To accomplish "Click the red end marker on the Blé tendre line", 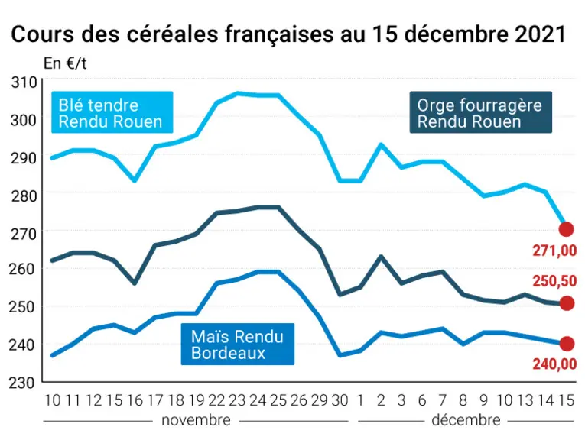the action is pyautogui.click(x=566, y=229).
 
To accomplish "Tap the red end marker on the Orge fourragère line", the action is pyautogui.click(x=567, y=303).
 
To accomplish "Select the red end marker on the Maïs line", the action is pyautogui.click(x=567, y=344).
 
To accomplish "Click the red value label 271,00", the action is pyautogui.click(x=554, y=251).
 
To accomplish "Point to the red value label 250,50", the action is pyautogui.click(x=554, y=281).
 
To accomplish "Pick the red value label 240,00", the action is pyautogui.click(x=554, y=364).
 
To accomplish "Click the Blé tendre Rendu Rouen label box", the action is pyautogui.click(x=112, y=112).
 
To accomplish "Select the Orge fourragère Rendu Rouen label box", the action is pyautogui.click(x=480, y=112).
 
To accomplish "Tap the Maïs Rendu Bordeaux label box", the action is pyautogui.click(x=238, y=344).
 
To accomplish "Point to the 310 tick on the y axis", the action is pyautogui.click(x=24, y=82).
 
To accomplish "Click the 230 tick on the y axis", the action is pyautogui.click(x=22, y=382).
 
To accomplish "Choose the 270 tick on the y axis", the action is pyautogui.click(x=24, y=234).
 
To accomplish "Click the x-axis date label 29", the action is pyautogui.click(x=320, y=400).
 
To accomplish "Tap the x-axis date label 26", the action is pyautogui.click(x=299, y=400).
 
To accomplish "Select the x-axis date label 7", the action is pyautogui.click(x=443, y=400).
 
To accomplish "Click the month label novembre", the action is pyautogui.click(x=196, y=421).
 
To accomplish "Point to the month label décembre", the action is pyautogui.click(x=466, y=421).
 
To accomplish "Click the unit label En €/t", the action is pyautogui.click(x=65, y=63).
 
